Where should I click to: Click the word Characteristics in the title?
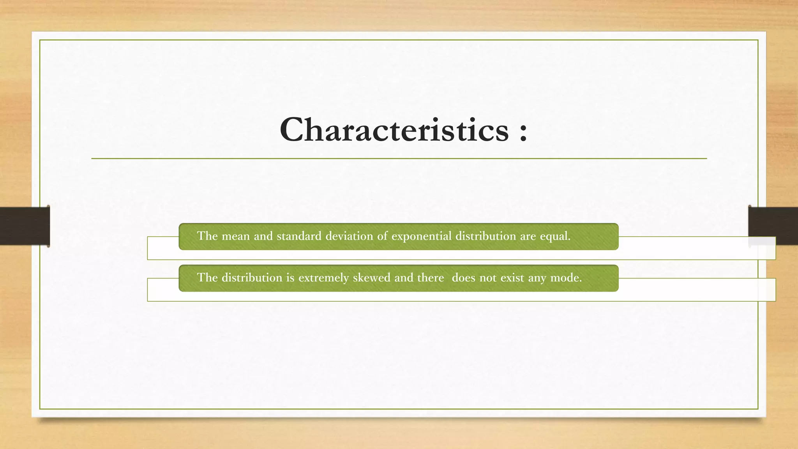pos(394,130)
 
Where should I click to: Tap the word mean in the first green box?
pos(235,236)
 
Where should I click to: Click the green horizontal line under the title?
pos(399,159)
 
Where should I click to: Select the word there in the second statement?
pos(430,278)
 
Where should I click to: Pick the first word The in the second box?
pos(207,278)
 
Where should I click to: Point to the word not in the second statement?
pos(488,278)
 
